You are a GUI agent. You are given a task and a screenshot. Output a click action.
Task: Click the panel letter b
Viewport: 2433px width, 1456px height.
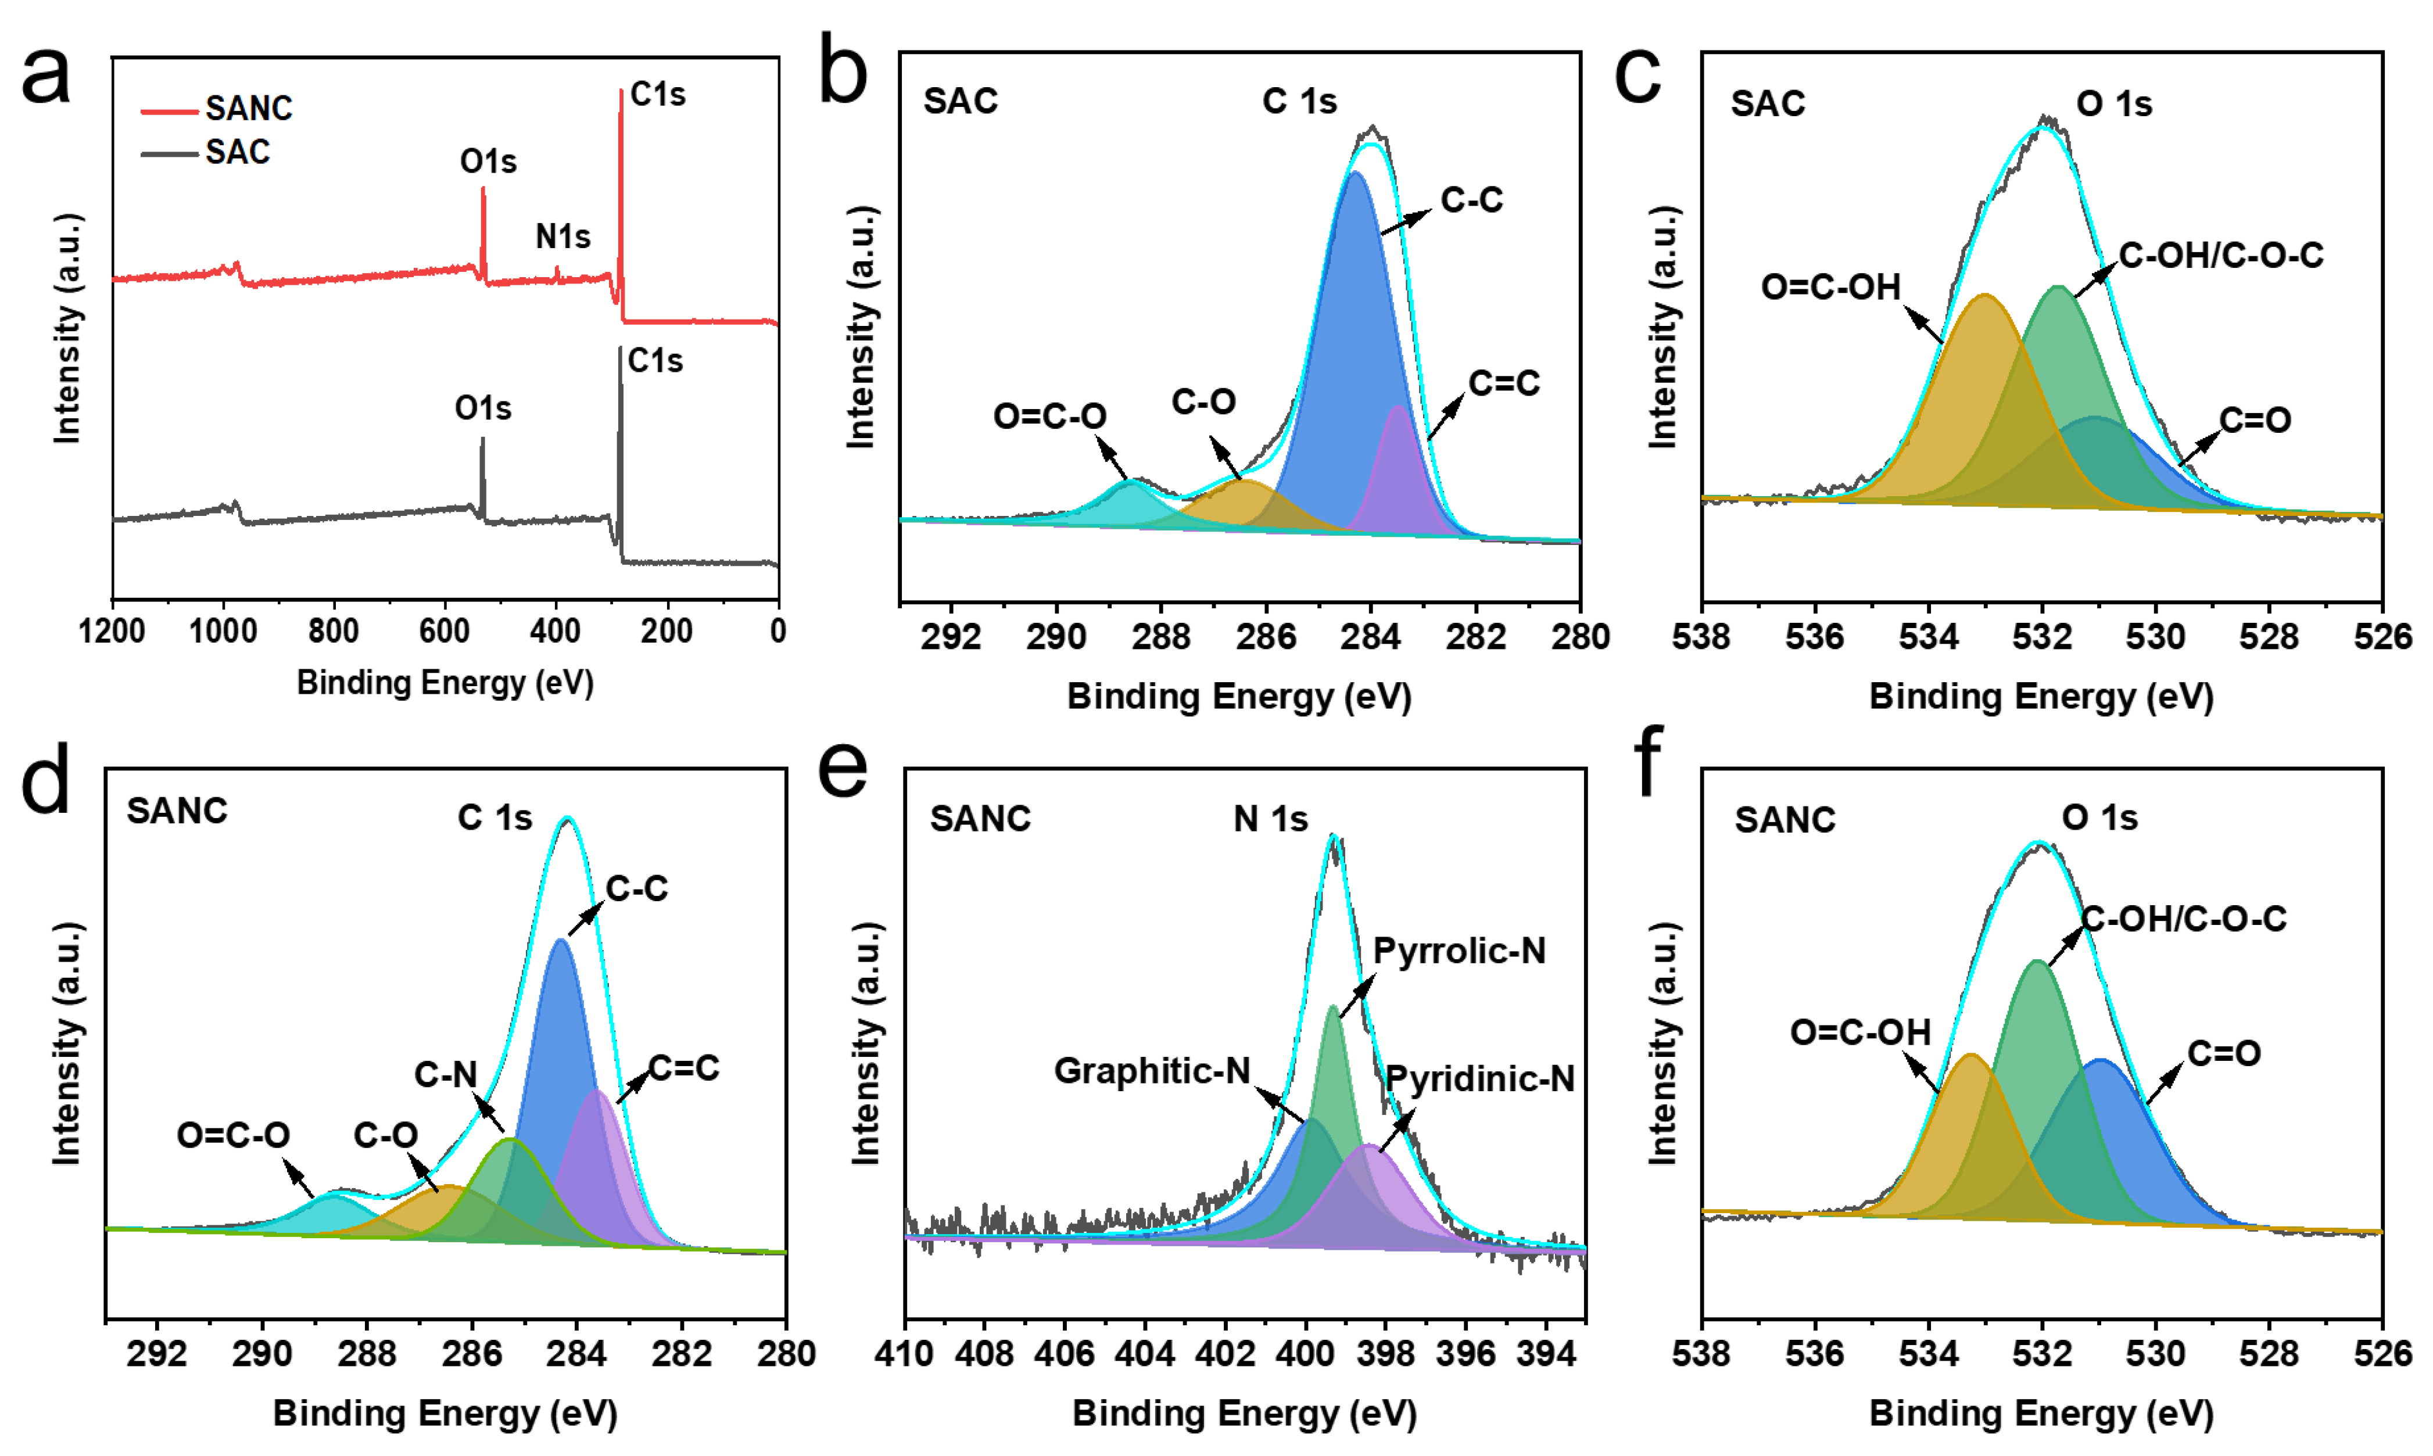coord(843,71)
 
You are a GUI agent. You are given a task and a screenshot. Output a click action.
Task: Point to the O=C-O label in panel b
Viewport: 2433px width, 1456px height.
coord(1049,416)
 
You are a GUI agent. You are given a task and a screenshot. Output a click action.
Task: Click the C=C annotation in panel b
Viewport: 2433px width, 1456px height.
coord(1503,383)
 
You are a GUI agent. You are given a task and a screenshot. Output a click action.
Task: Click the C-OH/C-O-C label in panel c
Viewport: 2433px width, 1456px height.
coord(2220,255)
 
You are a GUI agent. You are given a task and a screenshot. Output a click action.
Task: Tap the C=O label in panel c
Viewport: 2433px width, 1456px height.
coord(2255,420)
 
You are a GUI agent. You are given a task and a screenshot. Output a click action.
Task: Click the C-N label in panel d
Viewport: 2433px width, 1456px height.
coord(445,1074)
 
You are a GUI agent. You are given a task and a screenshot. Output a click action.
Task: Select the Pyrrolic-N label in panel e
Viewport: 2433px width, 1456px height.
coord(1459,950)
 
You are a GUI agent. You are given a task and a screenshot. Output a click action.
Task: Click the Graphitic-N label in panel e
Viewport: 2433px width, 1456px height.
coord(1152,1070)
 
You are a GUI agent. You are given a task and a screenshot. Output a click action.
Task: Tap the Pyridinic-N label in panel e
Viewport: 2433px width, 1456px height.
coord(1479,1078)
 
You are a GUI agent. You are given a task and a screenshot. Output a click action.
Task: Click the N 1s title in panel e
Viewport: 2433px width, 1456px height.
coord(1270,818)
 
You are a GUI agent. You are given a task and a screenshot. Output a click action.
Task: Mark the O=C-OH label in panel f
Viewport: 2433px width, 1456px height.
coord(1860,1031)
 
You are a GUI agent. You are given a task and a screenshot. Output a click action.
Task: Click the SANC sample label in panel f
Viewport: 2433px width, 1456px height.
coord(1785,819)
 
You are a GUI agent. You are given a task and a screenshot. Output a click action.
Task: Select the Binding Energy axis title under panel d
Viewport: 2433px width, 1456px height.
coord(445,1413)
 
